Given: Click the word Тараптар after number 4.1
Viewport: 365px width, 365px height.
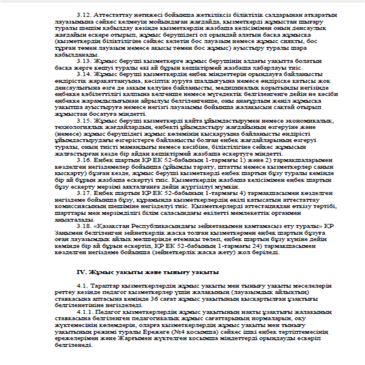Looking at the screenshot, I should point(108,287).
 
